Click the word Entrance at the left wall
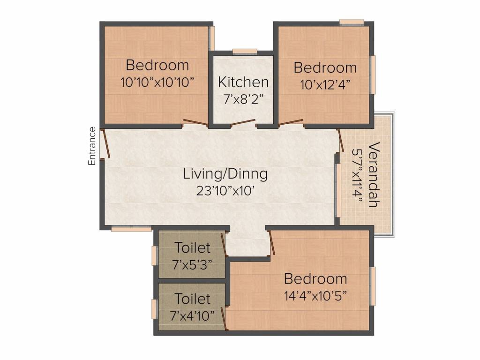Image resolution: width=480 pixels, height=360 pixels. [x=92, y=146]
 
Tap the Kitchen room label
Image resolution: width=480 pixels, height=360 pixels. [x=243, y=82]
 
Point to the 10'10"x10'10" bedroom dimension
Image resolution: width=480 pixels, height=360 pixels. [x=157, y=82]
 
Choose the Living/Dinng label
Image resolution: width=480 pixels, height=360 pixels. [x=225, y=174]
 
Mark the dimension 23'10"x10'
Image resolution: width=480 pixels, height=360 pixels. [x=225, y=191]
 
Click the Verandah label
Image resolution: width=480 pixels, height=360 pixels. [x=374, y=174]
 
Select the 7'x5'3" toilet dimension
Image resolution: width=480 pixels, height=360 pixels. [x=192, y=264]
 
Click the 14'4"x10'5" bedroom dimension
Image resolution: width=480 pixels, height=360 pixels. [x=315, y=296]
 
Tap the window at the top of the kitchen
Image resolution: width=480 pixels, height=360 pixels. [x=245, y=52]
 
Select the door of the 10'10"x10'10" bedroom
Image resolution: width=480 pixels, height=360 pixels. [x=195, y=123]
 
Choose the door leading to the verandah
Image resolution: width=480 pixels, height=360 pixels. [x=339, y=140]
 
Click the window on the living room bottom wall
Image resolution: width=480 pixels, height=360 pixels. [x=131, y=229]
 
